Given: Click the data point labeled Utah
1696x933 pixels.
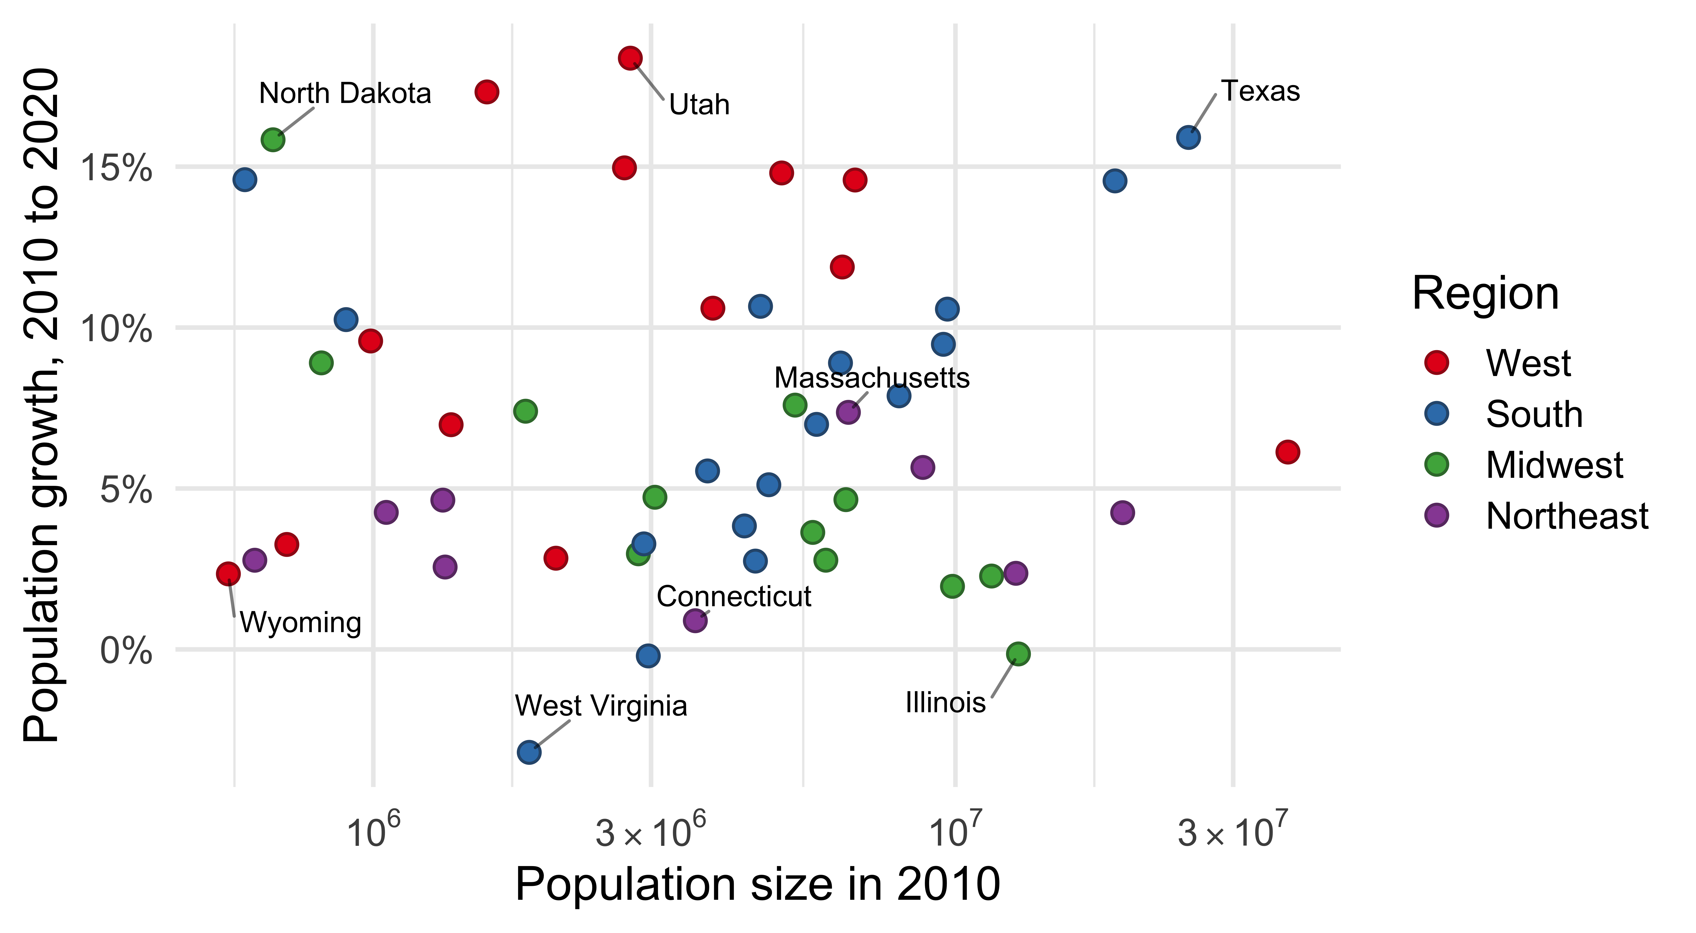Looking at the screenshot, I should pyautogui.click(x=630, y=58).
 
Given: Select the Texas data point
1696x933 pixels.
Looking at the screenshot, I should pyautogui.click(x=1188, y=138).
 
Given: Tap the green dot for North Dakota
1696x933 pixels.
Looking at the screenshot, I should pyautogui.click(x=273, y=139).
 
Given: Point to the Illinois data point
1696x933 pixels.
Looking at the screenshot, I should pyautogui.click(x=1018, y=654).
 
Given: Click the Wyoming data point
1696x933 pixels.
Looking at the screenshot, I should pyautogui.click(x=228, y=573).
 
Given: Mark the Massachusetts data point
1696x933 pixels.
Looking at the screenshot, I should pyautogui.click(x=848, y=412).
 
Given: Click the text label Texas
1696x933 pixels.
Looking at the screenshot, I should pyautogui.click(x=1260, y=91).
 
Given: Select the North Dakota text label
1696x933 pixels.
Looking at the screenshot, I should pyautogui.click(x=345, y=94).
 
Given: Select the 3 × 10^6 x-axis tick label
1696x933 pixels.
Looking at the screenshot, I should pyautogui.click(x=650, y=831).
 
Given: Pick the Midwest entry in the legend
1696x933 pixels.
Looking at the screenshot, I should pyautogui.click(x=1554, y=465).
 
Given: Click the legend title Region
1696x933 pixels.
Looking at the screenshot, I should pyautogui.click(x=1485, y=294).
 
